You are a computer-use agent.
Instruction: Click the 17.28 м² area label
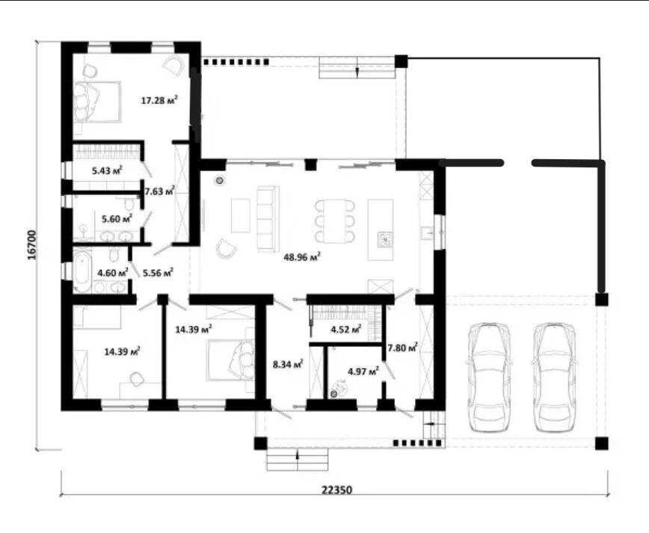point(159,100)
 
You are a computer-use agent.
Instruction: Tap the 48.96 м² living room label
point(302,257)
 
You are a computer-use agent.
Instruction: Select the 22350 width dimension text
point(337,490)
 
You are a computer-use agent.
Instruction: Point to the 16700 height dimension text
point(32,245)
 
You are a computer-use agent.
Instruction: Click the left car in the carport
point(488,378)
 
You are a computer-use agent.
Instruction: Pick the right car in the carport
point(554,378)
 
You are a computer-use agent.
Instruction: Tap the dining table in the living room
point(335,221)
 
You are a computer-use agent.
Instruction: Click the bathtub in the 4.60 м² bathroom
point(83,270)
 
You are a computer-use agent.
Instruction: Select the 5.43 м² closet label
point(107,170)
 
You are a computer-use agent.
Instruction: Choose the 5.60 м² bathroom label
point(117,218)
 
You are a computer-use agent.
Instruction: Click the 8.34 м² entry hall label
point(288,364)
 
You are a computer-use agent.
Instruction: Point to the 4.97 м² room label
point(363,372)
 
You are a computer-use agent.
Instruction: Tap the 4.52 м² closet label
point(346,330)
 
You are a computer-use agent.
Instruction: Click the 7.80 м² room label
point(402,348)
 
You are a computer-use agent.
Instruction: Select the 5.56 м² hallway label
point(158,273)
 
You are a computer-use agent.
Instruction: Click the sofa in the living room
point(267,218)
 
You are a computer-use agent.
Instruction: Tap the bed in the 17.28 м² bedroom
point(97,102)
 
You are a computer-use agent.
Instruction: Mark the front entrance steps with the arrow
point(298,459)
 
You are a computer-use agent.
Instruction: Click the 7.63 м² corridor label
point(159,191)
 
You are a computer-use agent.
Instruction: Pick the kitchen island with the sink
point(381,229)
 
